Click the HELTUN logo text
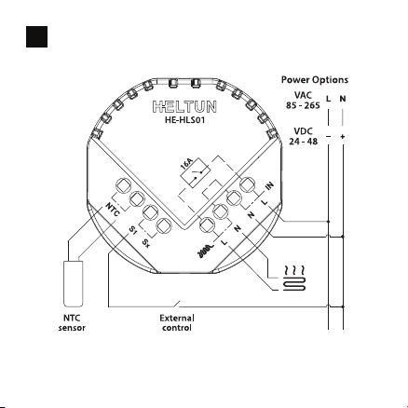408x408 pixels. coord(184,106)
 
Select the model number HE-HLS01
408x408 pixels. coord(184,120)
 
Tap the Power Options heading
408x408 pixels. coord(315,80)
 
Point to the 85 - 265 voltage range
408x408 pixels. coord(303,105)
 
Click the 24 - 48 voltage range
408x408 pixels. coord(304,142)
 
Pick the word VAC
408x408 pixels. coord(303,95)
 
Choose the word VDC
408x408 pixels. coord(303,131)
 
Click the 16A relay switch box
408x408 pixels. coord(196,172)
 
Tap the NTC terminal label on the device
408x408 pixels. coord(113,210)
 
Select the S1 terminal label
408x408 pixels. coord(132,230)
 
